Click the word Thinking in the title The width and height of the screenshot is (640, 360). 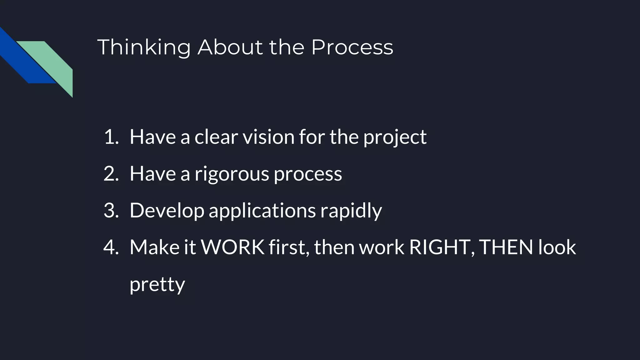click(144, 47)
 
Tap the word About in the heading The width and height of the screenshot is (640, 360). click(230, 47)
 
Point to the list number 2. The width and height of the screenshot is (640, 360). click(111, 174)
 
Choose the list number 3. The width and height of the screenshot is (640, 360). click(111, 210)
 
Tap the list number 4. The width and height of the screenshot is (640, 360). click(111, 247)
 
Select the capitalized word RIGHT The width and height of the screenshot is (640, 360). click(439, 247)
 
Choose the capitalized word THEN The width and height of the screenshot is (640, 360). click(506, 247)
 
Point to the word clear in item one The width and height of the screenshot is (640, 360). click(216, 137)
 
